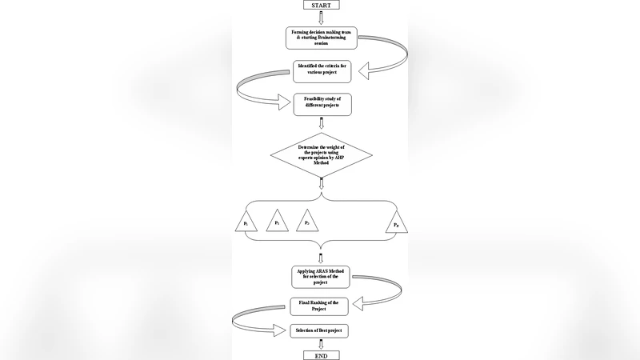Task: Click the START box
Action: (321, 5)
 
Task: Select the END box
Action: (321, 354)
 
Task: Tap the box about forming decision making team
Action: (320, 37)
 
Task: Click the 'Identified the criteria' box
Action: (320, 71)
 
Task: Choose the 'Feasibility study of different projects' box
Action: (322, 104)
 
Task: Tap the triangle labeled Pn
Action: (397, 222)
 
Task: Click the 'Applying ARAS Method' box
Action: (321, 277)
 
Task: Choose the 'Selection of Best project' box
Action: (321, 330)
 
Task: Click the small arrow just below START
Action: (321, 18)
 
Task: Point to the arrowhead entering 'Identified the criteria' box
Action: (364, 72)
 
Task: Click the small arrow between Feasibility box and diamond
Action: (321, 122)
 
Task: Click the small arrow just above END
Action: (321, 344)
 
